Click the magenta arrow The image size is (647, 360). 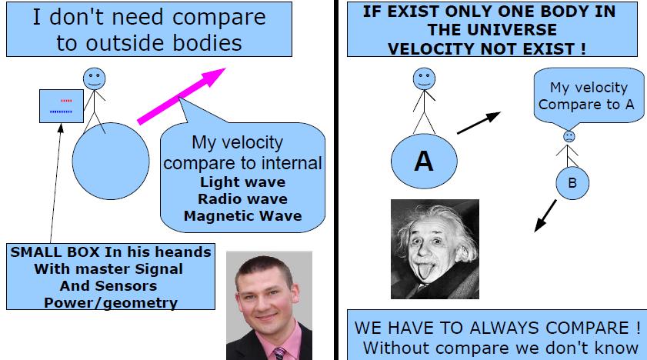click(x=182, y=95)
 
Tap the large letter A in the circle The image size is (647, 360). click(x=424, y=161)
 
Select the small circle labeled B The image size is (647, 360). click(x=572, y=183)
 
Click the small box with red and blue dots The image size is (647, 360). click(x=62, y=106)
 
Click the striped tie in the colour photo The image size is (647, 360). click(x=280, y=354)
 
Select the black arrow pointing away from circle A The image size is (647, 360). click(x=479, y=122)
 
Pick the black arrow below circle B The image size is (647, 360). click(x=545, y=215)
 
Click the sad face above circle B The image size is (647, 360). click(x=569, y=136)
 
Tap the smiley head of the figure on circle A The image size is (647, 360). click(x=424, y=78)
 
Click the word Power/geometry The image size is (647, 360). click(x=111, y=302)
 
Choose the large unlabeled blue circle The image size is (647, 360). click(x=111, y=162)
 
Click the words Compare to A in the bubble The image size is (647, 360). click(x=586, y=105)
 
